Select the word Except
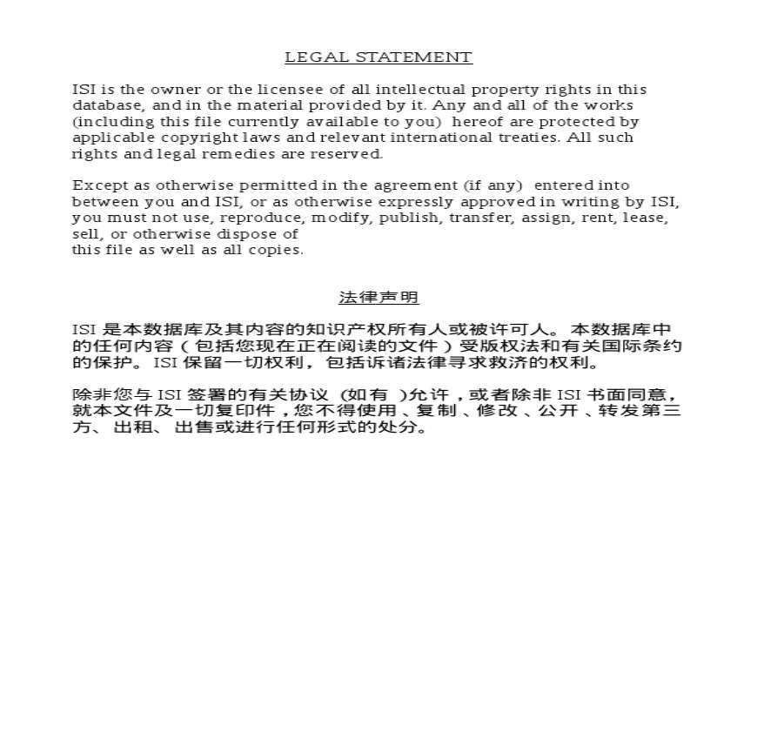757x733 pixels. coord(94,185)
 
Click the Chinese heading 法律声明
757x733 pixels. coord(378,298)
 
